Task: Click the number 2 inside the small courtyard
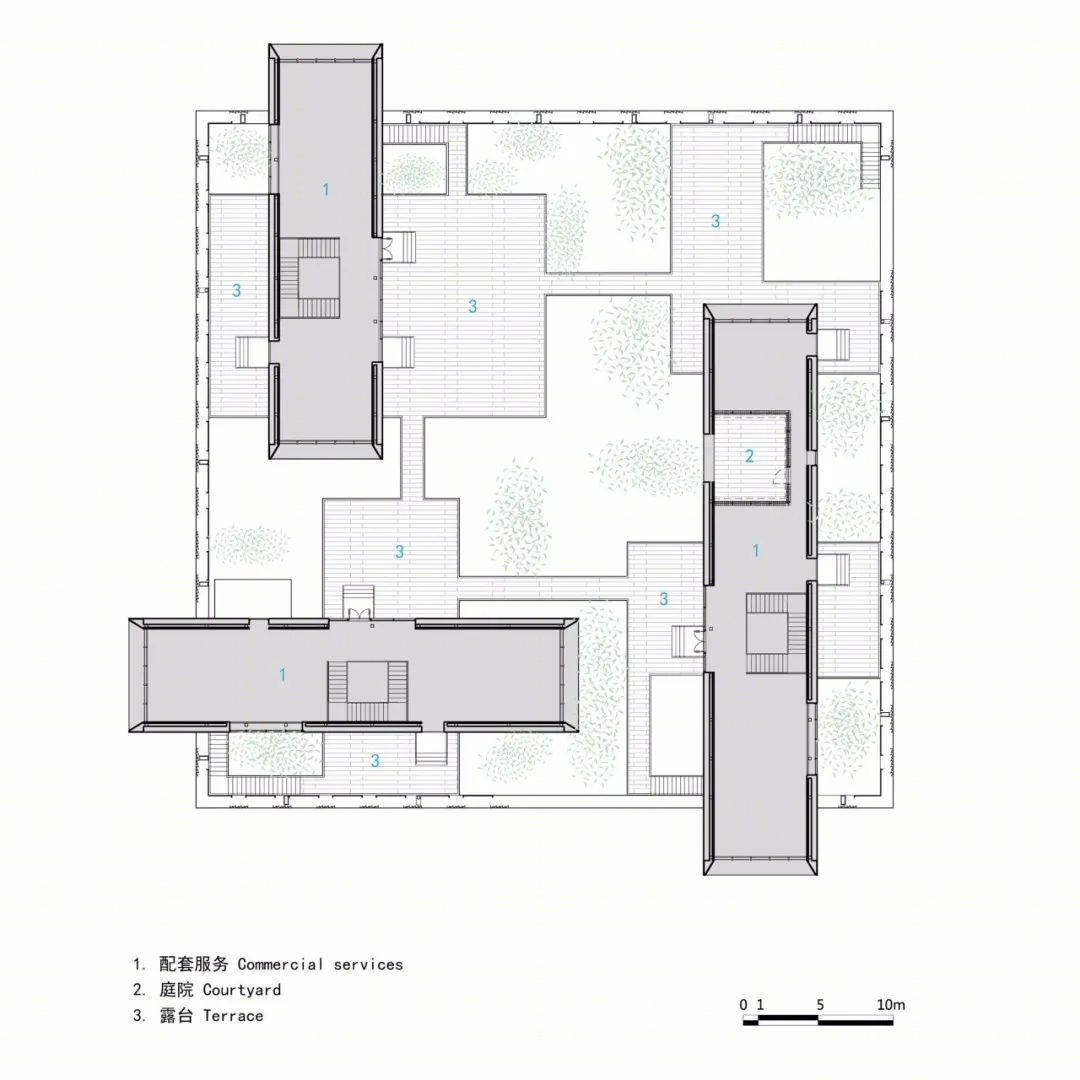tap(749, 455)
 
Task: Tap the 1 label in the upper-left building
tap(326, 189)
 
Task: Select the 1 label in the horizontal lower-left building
tap(282, 674)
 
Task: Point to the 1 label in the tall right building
tap(756, 550)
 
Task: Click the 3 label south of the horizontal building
tap(375, 760)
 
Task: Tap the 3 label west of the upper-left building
tap(236, 290)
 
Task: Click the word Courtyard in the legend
tap(242, 990)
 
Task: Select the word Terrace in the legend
tap(233, 1015)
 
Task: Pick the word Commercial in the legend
tap(280, 964)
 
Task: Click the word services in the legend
tap(368, 964)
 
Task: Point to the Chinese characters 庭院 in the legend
tap(176, 990)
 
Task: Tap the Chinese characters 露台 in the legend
tap(176, 1015)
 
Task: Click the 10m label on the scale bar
tap(891, 1004)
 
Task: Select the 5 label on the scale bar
tap(820, 1004)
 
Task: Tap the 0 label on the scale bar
tap(743, 1004)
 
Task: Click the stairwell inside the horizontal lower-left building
tap(368, 682)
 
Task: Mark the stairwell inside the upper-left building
tap(309, 278)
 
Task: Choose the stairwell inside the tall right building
tap(776, 633)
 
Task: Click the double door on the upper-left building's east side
tap(388, 248)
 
